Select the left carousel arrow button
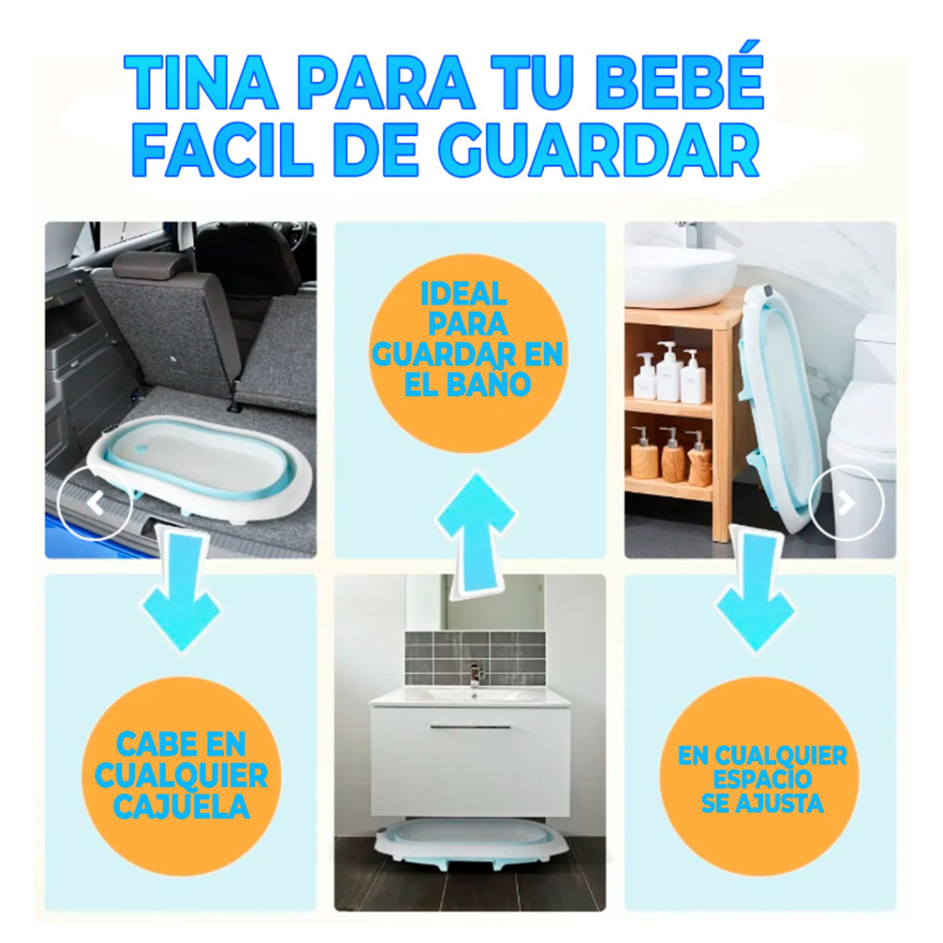pos(95,503)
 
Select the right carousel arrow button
pos(846,503)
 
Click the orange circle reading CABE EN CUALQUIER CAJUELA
pos(182,775)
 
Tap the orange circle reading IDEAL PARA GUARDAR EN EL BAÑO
pos(468,354)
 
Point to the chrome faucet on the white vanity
pos(475,675)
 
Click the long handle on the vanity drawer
pos(470,728)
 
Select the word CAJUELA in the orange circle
pos(182,807)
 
